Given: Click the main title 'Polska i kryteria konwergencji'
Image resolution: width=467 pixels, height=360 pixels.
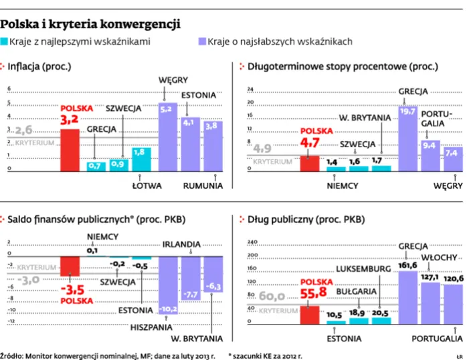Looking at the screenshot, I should [x=90, y=25].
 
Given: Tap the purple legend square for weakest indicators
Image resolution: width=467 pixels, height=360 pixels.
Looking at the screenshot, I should [x=203, y=41].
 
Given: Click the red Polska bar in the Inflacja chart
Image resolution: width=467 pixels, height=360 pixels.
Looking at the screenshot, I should [x=70, y=149].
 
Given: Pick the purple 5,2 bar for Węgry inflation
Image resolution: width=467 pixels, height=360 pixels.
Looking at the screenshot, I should [x=167, y=137].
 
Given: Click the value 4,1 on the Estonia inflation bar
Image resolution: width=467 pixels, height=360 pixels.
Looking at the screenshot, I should [x=188, y=122].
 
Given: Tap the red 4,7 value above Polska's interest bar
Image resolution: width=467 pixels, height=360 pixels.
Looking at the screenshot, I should [x=309, y=143].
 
